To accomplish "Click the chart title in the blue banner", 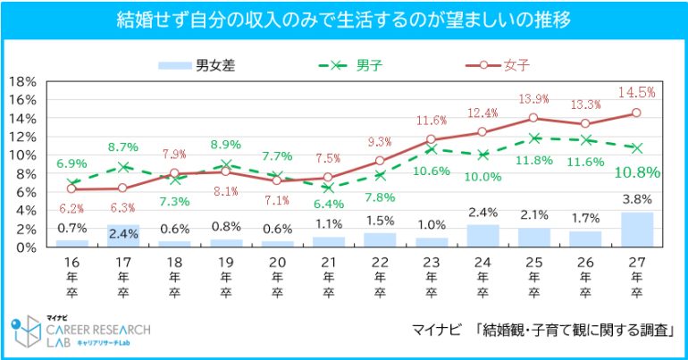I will [344, 19].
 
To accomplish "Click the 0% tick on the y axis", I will [23, 247].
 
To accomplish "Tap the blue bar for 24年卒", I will [483, 236].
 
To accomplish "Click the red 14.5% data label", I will [637, 92].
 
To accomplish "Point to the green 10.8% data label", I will [636, 172].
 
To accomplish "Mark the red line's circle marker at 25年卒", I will [533, 118].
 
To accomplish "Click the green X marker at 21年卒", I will [330, 188].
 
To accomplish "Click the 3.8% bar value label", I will [636, 199].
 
